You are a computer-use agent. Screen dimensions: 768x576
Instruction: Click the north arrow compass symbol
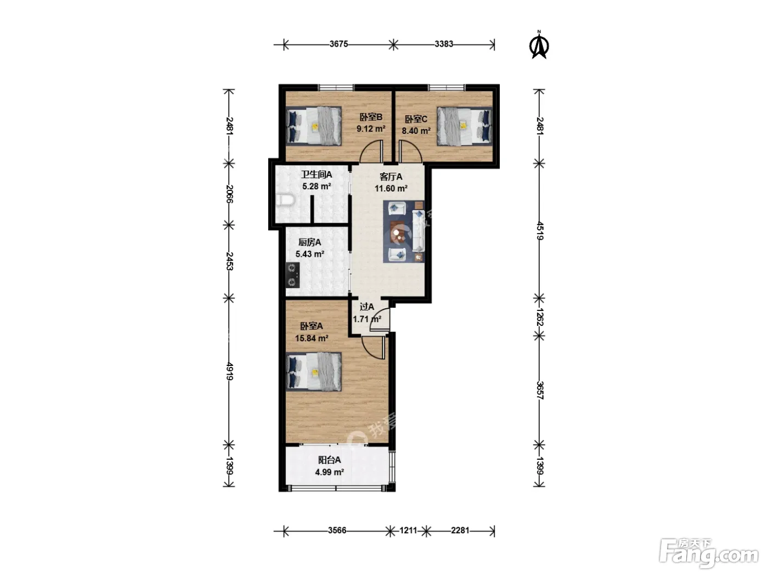tap(539, 45)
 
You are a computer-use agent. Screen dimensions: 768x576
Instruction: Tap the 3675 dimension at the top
tap(338, 44)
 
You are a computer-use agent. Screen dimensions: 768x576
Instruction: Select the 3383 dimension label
tap(444, 44)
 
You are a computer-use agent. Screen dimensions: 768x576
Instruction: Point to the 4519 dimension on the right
tap(539, 230)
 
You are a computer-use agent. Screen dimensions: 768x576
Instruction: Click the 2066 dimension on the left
tap(229, 194)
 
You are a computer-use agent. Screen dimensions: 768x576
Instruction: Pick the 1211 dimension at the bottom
tap(408, 530)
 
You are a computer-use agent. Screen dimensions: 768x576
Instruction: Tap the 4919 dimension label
tap(229, 371)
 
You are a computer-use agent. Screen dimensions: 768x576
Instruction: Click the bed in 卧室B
tap(314, 126)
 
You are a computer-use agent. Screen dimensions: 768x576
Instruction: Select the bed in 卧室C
tap(464, 126)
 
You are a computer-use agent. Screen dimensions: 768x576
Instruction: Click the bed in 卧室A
tap(314, 371)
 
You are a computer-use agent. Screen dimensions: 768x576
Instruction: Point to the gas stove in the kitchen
tap(292, 275)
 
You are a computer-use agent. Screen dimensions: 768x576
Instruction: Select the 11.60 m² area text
tap(391, 189)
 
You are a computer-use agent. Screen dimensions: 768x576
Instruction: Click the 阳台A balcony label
tap(329, 460)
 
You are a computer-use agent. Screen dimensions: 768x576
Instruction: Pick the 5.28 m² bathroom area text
tap(317, 187)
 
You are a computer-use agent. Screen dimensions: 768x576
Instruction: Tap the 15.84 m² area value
tap(312, 338)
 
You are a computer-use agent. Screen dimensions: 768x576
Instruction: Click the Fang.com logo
tap(709, 555)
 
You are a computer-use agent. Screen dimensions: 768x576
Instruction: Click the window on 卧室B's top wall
tap(336, 87)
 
